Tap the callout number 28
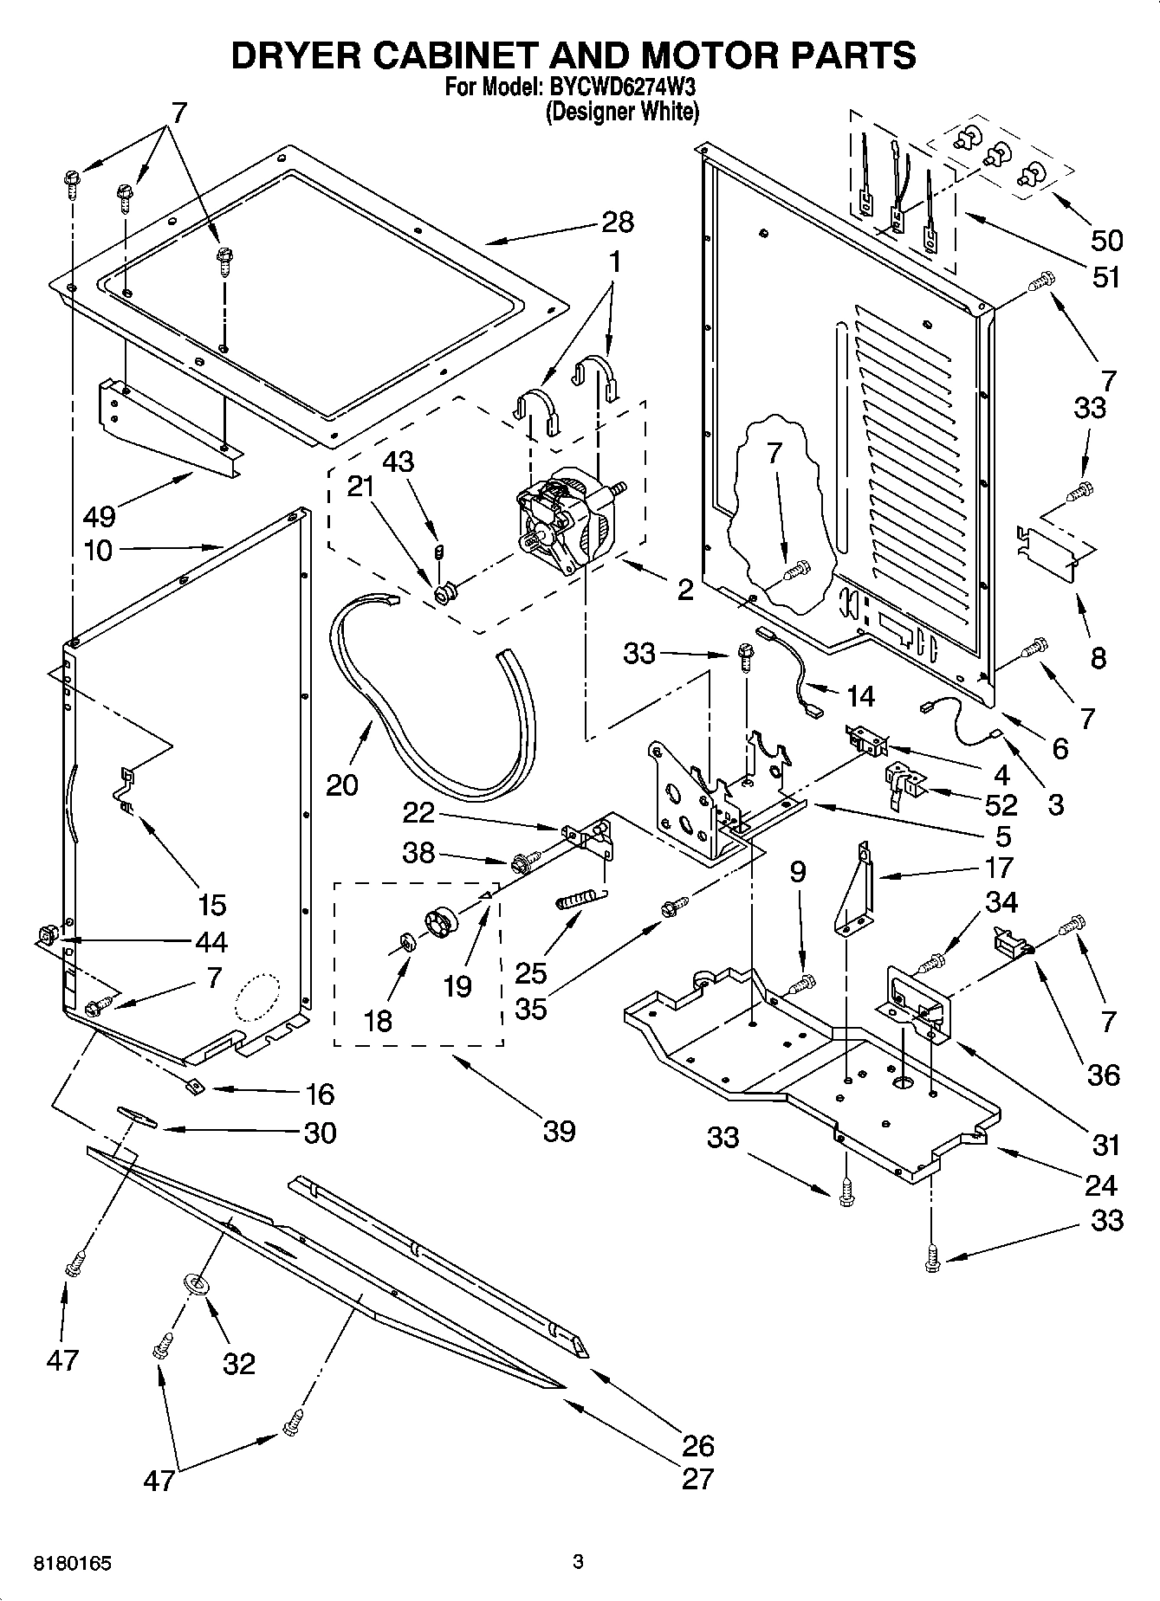click(617, 222)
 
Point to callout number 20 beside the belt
click(342, 784)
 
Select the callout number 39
click(559, 1131)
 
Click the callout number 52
click(1001, 805)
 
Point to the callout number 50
click(1105, 240)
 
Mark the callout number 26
click(697, 1445)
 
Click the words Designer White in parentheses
click(621, 112)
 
